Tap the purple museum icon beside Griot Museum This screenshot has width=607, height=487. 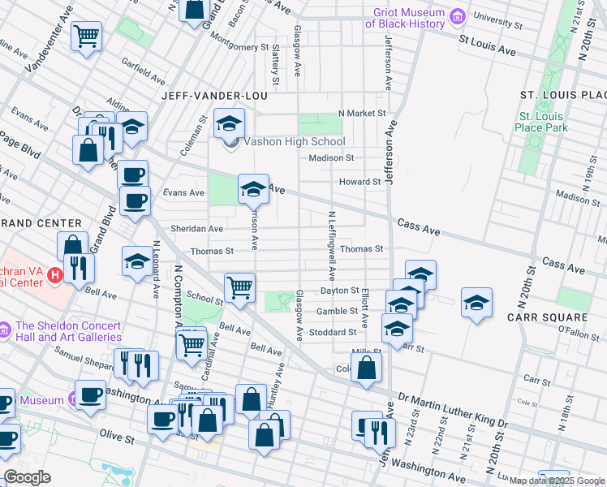coord(458,16)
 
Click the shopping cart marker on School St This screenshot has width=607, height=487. coord(239,287)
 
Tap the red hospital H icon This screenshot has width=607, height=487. coord(54,276)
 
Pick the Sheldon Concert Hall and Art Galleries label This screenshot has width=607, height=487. coord(68,331)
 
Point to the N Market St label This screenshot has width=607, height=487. coord(360,114)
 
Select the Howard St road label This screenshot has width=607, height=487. coord(359,183)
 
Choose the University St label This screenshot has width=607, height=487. coord(496,16)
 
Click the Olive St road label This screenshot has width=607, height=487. coord(117,438)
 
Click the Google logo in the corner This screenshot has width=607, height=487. coord(27,477)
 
